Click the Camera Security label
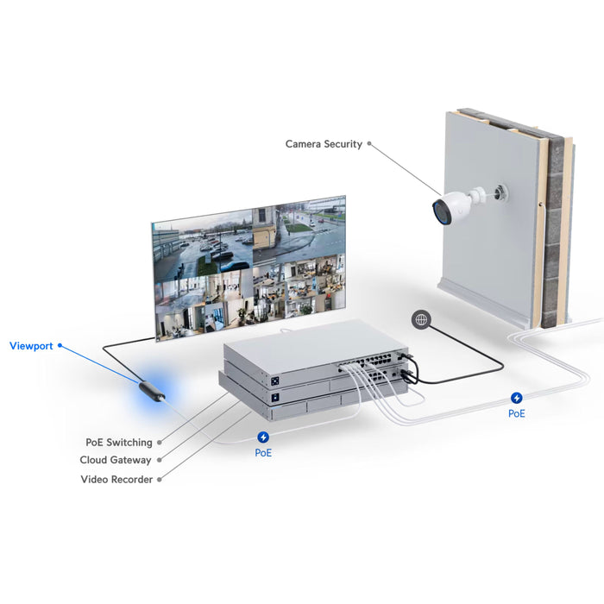324,144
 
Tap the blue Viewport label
31,346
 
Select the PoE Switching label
119,443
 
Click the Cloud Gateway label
116,461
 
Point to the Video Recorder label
116,479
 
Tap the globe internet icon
421,319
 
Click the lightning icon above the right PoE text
517,398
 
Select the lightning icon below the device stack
264,437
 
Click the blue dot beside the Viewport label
60,346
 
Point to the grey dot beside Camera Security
370,144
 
